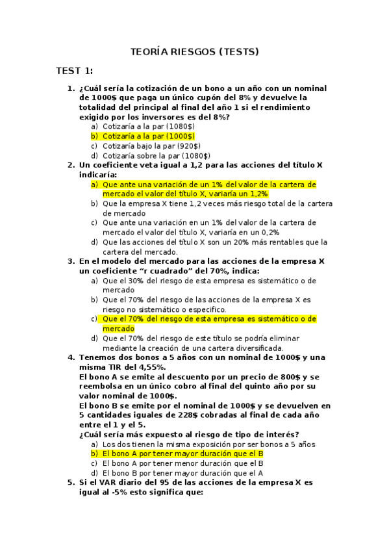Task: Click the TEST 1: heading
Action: coord(75,70)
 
